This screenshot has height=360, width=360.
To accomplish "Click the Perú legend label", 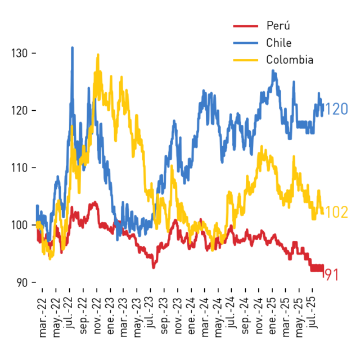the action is coord(278,25).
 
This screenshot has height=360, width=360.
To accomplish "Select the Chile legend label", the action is coord(279,43).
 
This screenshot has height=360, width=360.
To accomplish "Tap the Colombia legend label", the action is coord(290,60).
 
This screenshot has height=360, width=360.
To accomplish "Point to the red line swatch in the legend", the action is coord(246,26).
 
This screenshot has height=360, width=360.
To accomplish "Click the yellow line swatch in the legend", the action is coord(246,60).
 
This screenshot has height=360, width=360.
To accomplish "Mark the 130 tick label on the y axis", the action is coord(20,53).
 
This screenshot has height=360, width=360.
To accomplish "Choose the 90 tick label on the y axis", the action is coord(22,282).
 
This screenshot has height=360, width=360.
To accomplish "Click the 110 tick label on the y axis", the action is coord(20,168).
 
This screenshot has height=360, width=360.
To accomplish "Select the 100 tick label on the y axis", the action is coord(20,225).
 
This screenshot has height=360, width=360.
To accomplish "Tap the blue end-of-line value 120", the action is coord(336,109).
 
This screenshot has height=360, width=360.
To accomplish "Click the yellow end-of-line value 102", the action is coord(336,212).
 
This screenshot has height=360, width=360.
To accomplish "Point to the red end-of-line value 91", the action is coord(332,274).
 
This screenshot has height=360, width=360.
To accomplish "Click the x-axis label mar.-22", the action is coord(43,317).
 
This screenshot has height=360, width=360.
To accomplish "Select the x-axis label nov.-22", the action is coord(97,316).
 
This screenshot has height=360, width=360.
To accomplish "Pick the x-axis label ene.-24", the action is coord(191,316).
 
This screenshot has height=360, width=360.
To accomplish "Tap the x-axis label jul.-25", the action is coord(312,312).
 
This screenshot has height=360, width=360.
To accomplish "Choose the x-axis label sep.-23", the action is coord(164,316).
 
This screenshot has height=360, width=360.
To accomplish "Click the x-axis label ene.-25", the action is coord(272,316).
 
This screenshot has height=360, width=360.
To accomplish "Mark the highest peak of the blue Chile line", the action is coord(73,48).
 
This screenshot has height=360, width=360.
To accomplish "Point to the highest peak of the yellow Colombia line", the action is coord(98,55).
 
